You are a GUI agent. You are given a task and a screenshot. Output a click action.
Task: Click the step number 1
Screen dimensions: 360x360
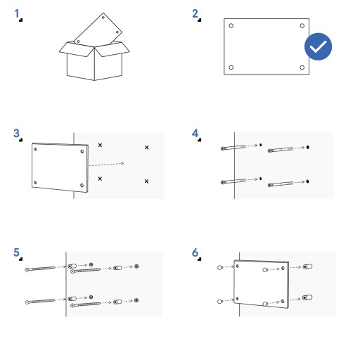[17, 13]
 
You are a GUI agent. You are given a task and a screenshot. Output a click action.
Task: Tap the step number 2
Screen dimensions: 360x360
[195, 13]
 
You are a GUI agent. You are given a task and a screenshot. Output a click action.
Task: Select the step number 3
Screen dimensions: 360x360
[16, 133]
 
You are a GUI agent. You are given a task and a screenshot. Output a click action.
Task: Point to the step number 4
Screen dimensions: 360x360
[195, 133]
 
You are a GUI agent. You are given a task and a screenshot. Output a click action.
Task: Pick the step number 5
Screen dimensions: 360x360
[16, 252]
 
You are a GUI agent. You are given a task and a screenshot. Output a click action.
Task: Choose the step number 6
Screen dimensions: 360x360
[195, 252]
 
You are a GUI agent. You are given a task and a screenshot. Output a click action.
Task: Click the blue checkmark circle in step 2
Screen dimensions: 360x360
[318, 46]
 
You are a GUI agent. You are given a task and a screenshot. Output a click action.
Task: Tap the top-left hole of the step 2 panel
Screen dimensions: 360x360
[231, 25]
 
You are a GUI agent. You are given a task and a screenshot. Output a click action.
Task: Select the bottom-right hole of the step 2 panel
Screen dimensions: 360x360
[302, 67]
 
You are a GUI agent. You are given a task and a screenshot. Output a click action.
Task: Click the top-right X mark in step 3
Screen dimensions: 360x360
[147, 148]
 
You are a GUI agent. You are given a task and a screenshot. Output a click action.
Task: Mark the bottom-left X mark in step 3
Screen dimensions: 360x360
[100, 179]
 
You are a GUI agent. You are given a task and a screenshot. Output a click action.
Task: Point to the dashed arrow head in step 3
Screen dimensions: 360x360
[122, 163]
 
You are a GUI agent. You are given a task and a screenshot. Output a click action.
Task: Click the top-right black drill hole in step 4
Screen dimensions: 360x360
[308, 147]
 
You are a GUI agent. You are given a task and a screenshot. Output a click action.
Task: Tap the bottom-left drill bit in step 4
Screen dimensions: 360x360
[233, 181]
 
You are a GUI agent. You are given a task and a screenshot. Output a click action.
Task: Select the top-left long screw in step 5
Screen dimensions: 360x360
[40, 269]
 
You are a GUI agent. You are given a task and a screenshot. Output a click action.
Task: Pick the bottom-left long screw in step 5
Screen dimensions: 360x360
[40, 301]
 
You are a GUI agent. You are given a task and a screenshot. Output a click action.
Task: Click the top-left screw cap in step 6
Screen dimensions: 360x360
[220, 267]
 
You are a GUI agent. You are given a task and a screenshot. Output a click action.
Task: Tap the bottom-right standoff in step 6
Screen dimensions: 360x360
[307, 297]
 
